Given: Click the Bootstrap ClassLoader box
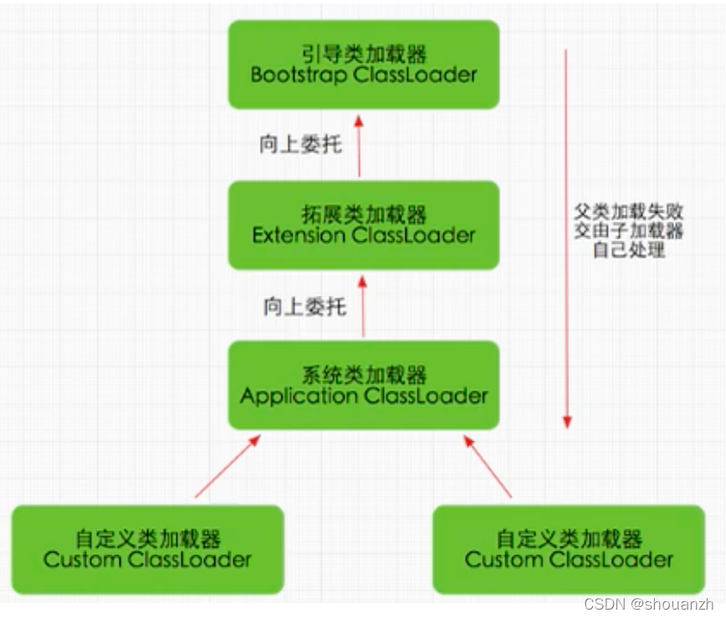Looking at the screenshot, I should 364,64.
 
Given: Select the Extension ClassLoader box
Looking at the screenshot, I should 364,225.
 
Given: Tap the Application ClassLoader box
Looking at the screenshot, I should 364,385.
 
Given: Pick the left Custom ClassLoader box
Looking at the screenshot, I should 147,549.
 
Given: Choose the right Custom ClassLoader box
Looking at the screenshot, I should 569,549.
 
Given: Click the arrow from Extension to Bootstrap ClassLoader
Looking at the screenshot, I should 359,147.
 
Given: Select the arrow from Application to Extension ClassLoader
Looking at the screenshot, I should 363,306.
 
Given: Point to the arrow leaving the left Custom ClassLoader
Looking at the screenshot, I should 228,466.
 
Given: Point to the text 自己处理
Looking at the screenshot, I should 629,250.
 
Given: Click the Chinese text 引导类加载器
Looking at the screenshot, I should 364,54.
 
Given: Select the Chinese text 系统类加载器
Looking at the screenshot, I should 364,374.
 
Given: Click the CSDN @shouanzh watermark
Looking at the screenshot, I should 649,604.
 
